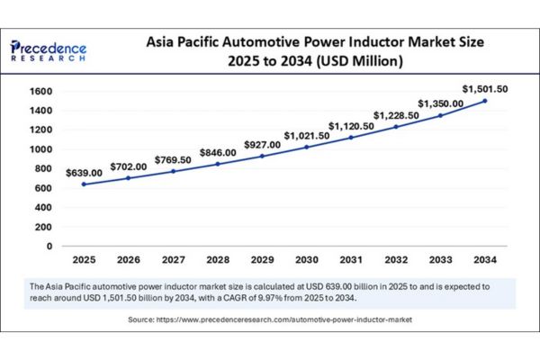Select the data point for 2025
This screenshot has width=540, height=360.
[x=84, y=184]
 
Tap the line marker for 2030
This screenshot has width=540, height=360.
[x=307, y=147]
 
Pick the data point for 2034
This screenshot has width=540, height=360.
[x=486, y=101]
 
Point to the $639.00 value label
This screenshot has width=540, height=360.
[x=84, y=171]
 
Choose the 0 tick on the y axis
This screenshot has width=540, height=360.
[x=49, y=246]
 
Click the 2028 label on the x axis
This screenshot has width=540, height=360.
[x=218, y=259]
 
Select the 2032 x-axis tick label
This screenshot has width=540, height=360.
[x=396, y=259]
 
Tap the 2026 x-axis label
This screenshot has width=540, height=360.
[x=129, y=259]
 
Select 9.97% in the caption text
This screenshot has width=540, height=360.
[x=310, y=297]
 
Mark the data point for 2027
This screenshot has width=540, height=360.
[x=173, y=171]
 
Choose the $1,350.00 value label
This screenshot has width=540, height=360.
[x=441, y=103]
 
